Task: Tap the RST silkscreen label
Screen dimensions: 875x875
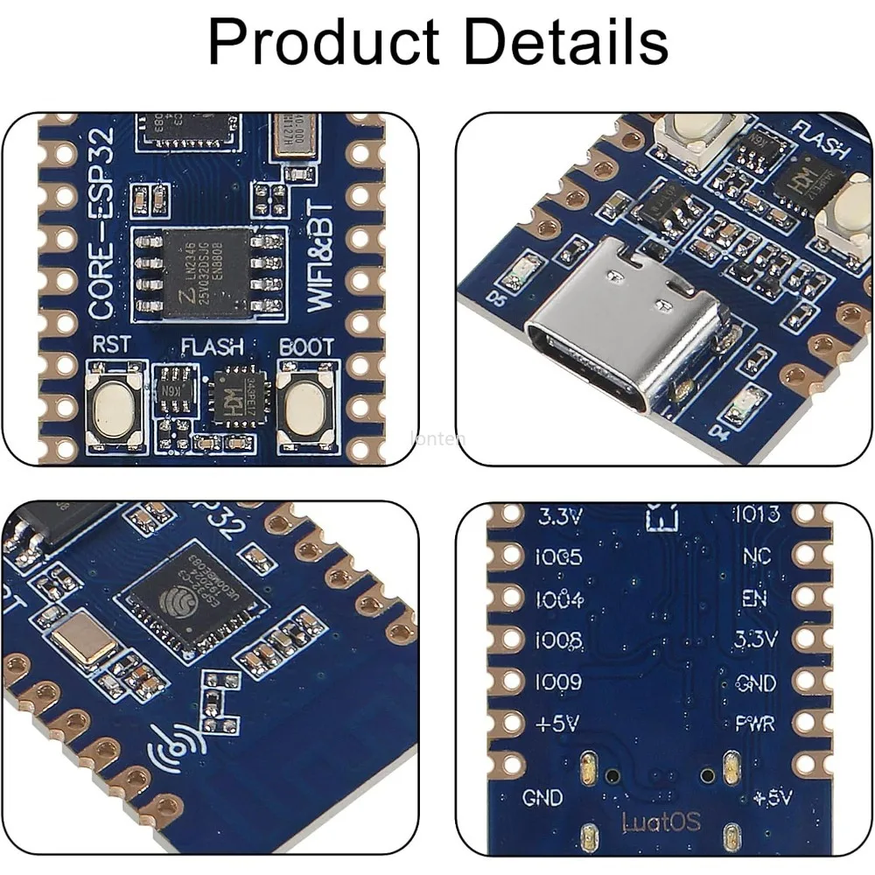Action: (x=111, y=345)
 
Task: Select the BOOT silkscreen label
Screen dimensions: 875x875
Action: (x=305, y=346)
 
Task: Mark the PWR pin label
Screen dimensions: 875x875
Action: (x=753, y=724)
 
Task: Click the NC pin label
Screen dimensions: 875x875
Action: (x=756, y=556)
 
